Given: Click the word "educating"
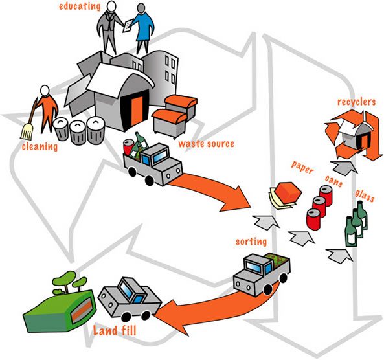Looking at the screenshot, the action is (80, 6).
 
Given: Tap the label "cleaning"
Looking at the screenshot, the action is (40, 147).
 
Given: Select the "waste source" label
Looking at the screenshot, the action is (206, 144).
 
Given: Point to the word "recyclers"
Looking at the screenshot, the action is (356, 102).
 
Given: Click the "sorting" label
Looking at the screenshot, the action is (251, 242).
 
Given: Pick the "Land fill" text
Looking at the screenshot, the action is (115, 331).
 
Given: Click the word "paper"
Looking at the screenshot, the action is (302, 168).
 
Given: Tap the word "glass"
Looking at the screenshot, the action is (365, 196).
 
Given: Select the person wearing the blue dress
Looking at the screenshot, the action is (144, 28).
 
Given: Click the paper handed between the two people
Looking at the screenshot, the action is (128, 26).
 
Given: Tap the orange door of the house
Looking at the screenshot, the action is (137, 111).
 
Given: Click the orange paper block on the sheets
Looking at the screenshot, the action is (288, 192).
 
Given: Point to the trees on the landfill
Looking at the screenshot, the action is (70, 282).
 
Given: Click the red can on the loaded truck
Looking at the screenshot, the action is (129, 147).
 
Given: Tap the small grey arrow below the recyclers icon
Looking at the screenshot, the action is (343, 167).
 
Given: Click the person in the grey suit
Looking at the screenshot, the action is (109, 28).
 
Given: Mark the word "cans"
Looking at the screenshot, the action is (333, 181).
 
